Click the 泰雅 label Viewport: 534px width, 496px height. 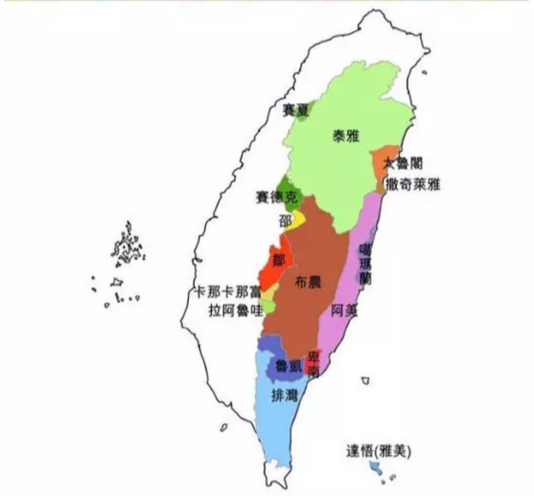[346, 136]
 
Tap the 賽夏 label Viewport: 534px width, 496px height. [295, 111]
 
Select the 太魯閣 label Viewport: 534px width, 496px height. [403, 164]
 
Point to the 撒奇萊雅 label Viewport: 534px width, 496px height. [412, 185]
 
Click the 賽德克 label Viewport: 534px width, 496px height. [277, 198]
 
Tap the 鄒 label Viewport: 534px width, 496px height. [279, 260]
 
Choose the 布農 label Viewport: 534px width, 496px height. [308, 282]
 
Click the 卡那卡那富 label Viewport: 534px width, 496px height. [228, 292]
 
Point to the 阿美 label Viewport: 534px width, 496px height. [344, 310]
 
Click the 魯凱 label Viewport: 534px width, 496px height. [288, 366]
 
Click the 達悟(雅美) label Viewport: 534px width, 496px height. [378, 451]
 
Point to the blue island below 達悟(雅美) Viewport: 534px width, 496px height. [375, 467]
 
